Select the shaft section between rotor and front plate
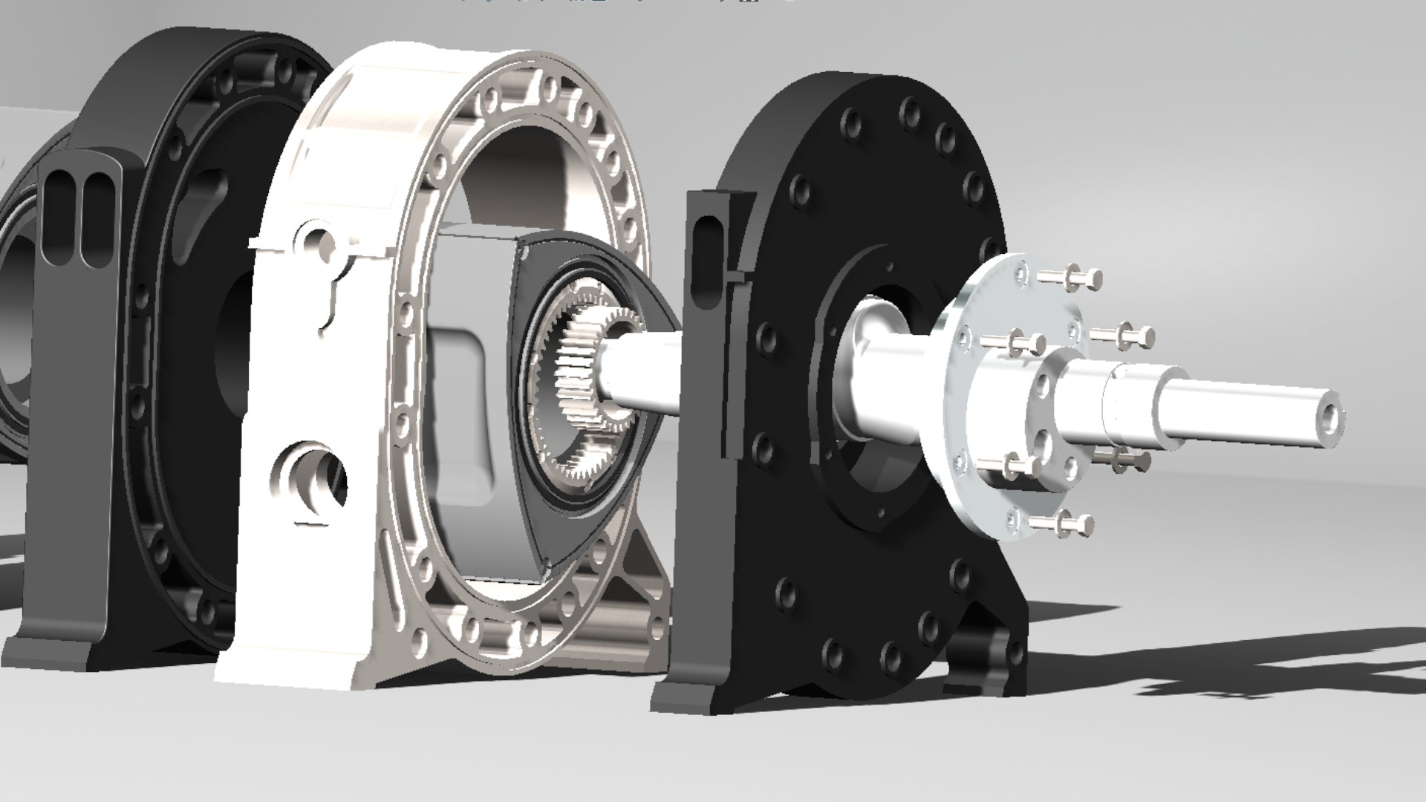point(642,371)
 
